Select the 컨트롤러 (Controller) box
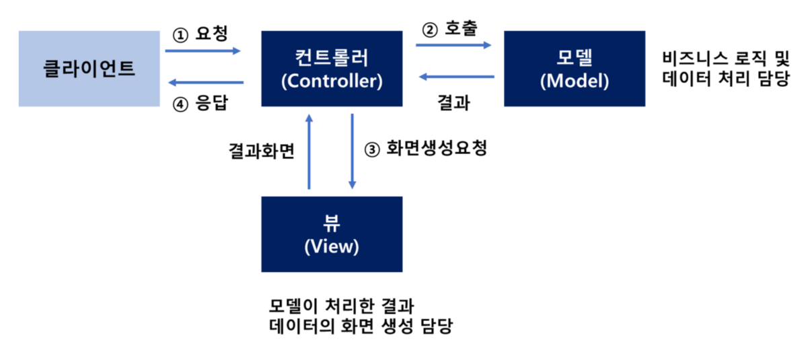(x=332, y=68)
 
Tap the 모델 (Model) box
(x=574, y=68)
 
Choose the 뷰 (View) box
(x=332, y=233)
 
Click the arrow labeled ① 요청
(x=202, y=50)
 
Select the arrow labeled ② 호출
(x=453, y=46)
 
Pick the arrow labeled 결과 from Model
(x=456, y=77)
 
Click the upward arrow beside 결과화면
(x=309, y=151)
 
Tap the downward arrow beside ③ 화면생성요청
(x=352, y=151)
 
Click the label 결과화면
(x=262, y=149)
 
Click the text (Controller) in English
(x=332, y=81)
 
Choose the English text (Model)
(x=574, y=81)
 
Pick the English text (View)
(x=332, y=247)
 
